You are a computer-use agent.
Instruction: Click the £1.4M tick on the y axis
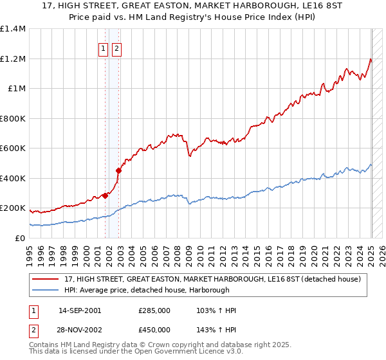(x=14, y=29)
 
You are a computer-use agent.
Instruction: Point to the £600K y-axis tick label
(x=14, y=148)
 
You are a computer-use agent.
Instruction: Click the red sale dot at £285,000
(x=105, y=195)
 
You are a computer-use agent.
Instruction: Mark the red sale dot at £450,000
(x=118, y=171)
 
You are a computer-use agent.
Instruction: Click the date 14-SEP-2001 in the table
(x=80, y=310)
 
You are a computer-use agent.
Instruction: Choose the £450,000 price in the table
(x=154, y=329)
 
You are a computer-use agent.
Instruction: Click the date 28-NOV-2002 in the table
(x=80, y=329)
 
